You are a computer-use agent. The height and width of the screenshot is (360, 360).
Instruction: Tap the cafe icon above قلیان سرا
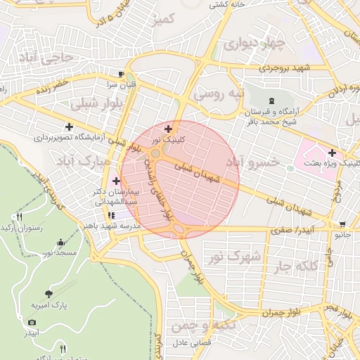[122, 74]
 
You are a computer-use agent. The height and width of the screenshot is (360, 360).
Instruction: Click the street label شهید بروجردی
[284, 68]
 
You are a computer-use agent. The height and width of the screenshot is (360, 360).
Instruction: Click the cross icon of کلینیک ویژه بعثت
[331, 153]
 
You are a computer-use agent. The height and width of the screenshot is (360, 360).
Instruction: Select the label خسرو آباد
[252, 162]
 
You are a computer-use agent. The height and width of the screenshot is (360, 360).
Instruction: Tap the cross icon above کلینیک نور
[168, 129]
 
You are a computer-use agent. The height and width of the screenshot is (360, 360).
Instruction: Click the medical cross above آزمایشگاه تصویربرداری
[69, 127]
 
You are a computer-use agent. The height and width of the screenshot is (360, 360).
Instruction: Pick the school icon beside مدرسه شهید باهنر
[110, 216]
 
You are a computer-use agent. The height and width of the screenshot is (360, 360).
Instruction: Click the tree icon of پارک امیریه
[48, 294]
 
